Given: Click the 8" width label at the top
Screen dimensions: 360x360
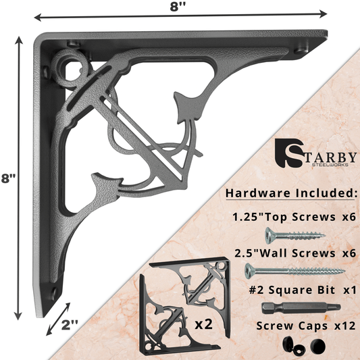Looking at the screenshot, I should (180, 8).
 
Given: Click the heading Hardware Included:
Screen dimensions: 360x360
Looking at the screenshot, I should (290, 193).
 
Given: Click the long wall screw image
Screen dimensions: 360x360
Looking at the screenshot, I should (294, 271).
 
